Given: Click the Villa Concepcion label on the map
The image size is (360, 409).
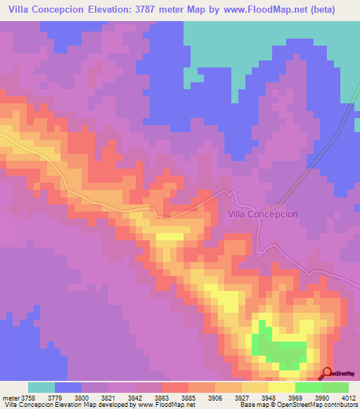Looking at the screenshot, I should tap(263, 214).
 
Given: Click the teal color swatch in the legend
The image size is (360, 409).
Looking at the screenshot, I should tap(41, 387).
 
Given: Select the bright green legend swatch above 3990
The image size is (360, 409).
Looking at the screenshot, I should tap(309, 387).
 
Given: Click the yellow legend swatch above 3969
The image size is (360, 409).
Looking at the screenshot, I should tap(282, 387).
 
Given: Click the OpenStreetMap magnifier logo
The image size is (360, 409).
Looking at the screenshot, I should tap(327, 373).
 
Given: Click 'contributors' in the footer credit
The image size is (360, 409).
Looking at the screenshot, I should tap(341, 405).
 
